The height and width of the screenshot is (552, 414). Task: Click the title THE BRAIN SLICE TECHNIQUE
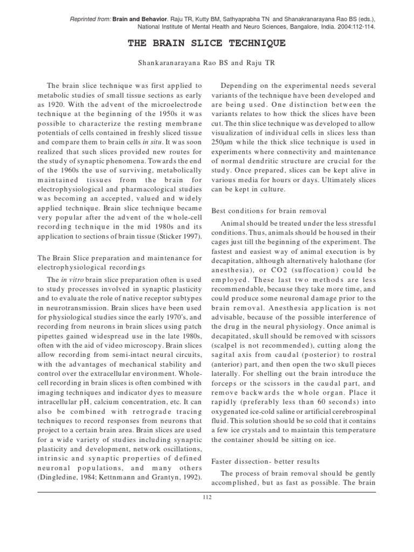208,43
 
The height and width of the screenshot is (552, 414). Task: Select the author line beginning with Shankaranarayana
208,63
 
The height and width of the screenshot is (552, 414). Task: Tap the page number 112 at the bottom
207,497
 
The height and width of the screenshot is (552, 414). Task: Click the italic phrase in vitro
71,279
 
